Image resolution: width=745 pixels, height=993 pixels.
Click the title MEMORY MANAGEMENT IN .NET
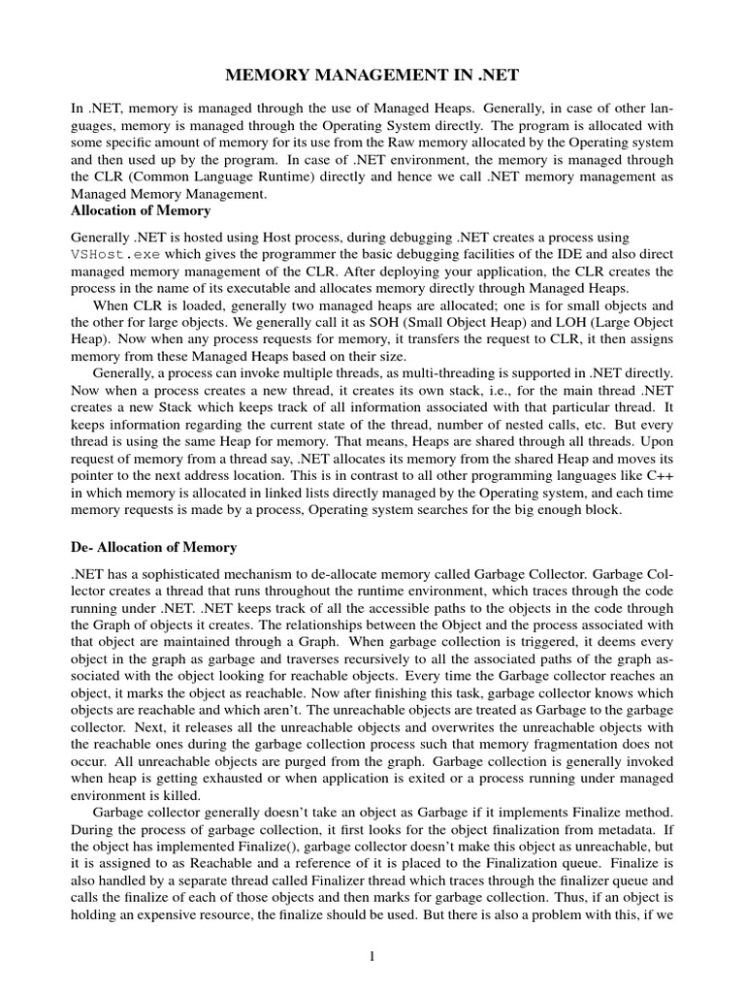coord(372,75)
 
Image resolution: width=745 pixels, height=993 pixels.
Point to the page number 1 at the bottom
coord(372,956)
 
